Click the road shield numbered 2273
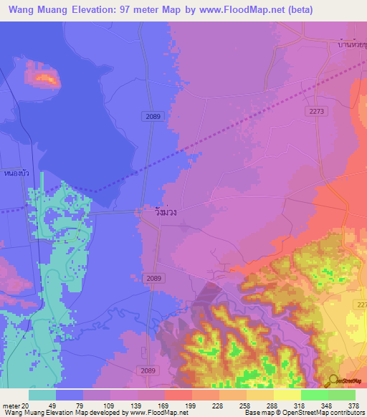click(318, 112)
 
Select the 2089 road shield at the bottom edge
click(147, 370)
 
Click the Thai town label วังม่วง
click(166, 213)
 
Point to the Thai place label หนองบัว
click(15, 173)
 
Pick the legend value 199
click(191, 406)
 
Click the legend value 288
click(272, 406)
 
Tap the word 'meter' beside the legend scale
click(11, 406)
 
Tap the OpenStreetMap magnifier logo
click(333, 380)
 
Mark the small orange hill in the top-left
click(42, 75)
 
